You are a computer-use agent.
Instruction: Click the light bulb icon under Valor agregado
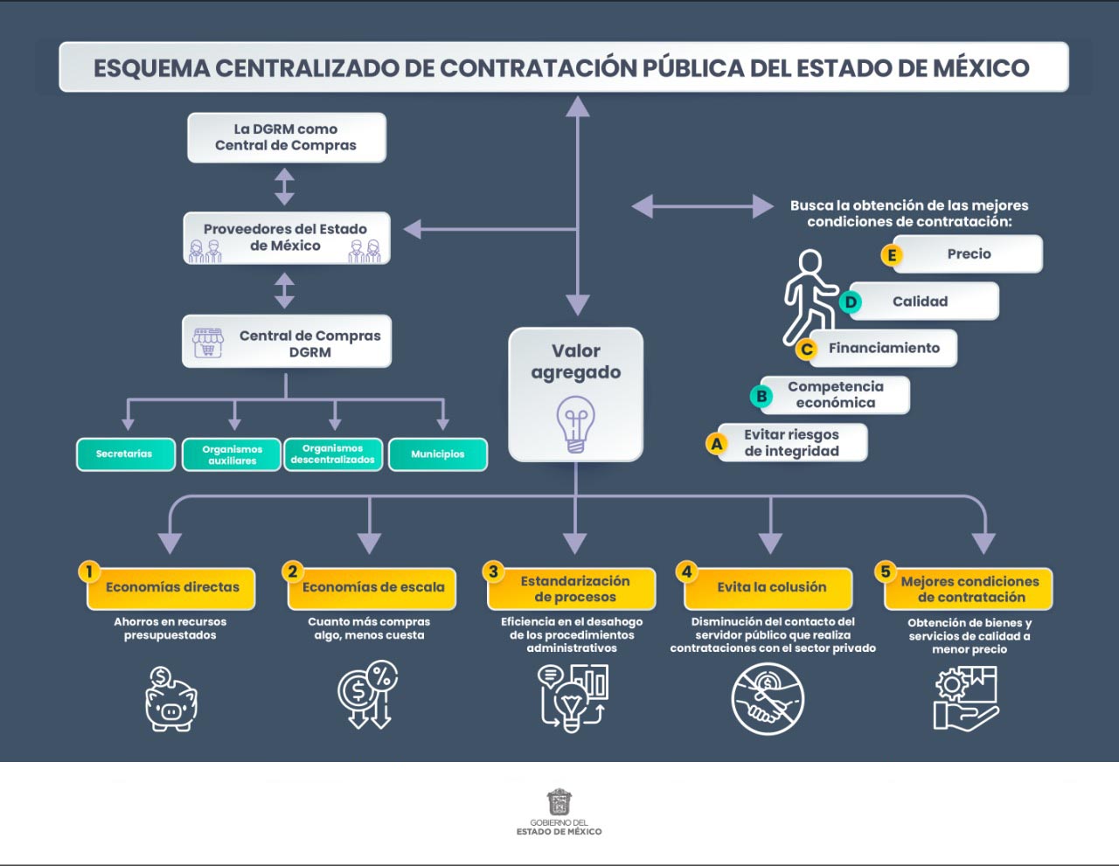(x=575, y=423)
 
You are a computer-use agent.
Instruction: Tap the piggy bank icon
(x=170, y=699)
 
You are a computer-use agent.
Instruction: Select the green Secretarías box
(x=125, y=454)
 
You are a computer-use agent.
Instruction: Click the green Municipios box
(x=438, y=454)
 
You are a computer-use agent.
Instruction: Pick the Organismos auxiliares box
(x=232, y=454)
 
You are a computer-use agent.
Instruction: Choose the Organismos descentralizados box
(x=333, y=454)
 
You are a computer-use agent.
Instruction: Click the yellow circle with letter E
(x=892, y=255)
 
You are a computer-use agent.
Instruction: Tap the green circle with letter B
(x=761, y=396)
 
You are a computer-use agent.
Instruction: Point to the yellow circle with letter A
(x=717, y=443)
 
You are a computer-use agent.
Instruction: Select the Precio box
(x=969, y=254)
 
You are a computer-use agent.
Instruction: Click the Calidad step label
(x=921, y=301)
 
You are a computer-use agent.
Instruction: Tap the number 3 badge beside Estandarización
(x=493, y=572)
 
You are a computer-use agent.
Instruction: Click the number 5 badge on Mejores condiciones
(x=886, y=572)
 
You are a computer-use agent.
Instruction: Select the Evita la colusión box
(x=771, y=588)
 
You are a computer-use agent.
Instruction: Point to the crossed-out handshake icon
(x=767, y=699)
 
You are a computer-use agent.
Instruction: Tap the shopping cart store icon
(x=208, y=342)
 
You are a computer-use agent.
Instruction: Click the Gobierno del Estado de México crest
(x=559, y=802)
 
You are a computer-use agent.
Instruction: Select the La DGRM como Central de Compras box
(x=286, y=138)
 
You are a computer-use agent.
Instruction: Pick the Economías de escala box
(x=373, y=588)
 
